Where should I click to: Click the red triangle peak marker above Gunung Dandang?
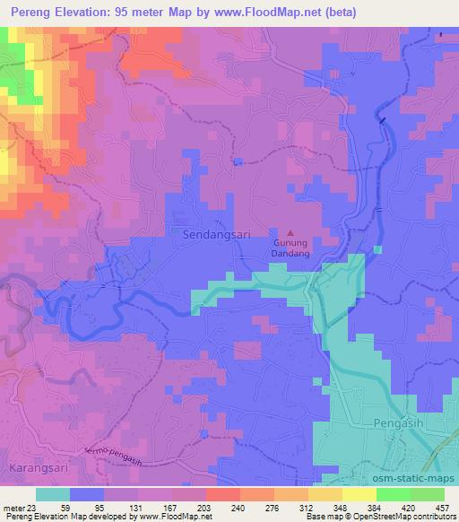tap(290, 231)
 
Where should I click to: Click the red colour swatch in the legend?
tap(223, 493)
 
